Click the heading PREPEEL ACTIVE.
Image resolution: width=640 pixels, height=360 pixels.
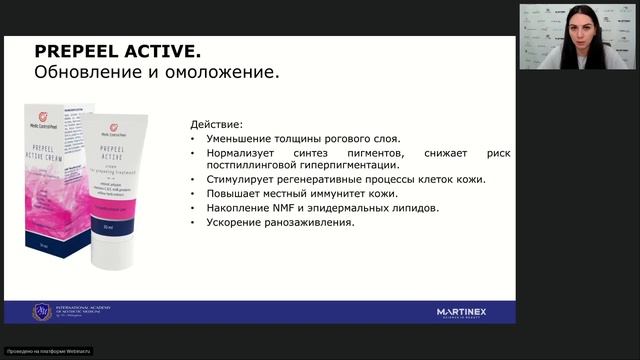point(117,51)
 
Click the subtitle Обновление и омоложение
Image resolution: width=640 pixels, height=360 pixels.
point(156,73)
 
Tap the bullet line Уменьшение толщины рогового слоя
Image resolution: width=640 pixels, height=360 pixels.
point(303,138)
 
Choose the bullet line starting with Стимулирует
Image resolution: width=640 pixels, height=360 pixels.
point(346,179)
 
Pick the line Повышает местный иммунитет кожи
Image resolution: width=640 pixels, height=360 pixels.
point(301,193)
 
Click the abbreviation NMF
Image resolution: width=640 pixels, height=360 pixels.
point(282,207)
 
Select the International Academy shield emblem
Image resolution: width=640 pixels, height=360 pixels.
point(41,312)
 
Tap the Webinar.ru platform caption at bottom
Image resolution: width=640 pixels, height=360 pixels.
point(48,351)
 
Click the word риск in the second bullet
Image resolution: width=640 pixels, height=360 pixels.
point(497,152)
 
